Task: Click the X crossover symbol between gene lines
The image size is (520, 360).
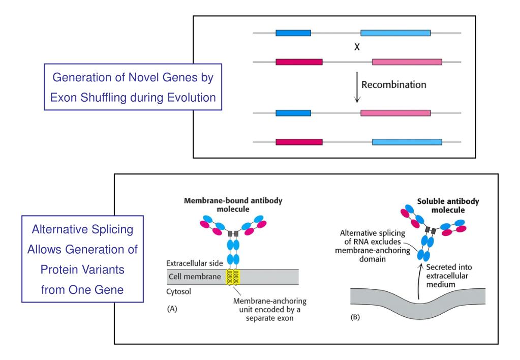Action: tap(357, 47)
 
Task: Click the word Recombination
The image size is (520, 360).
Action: tap(393, 84)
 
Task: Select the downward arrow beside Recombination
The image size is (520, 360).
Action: tap(357, 87)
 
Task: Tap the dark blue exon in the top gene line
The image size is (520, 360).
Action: tap(293, 33)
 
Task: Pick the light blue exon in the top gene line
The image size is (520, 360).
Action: tap(395, 33)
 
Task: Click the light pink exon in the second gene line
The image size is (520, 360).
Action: tap(407, 62)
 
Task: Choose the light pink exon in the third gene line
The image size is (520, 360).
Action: tap(395, 113)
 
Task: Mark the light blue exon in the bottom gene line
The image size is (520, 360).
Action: tap(407, 142)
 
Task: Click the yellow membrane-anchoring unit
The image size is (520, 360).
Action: tap(233, 277)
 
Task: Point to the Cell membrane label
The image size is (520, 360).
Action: tap(195, 277)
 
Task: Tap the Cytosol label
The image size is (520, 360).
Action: tap(178, 292)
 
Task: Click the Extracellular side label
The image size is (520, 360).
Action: tap(194, 263)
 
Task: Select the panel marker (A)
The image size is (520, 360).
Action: tap(172, 309)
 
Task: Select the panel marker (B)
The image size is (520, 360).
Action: tap(355, 317)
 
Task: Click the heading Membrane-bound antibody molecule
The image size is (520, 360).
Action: tap(233, 205)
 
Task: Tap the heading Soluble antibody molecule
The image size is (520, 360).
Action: tap(448, 205)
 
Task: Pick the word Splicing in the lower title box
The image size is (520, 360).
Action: tap(112, 230)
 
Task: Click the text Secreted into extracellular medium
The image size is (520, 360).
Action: tap(449, 276)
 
